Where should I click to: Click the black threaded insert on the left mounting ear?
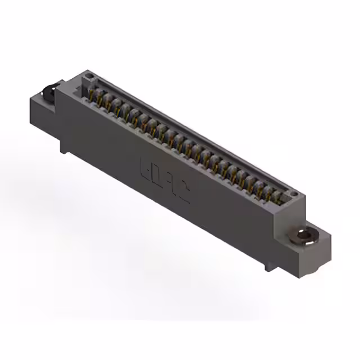point(49,91)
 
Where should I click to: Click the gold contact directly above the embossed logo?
point(169,137)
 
